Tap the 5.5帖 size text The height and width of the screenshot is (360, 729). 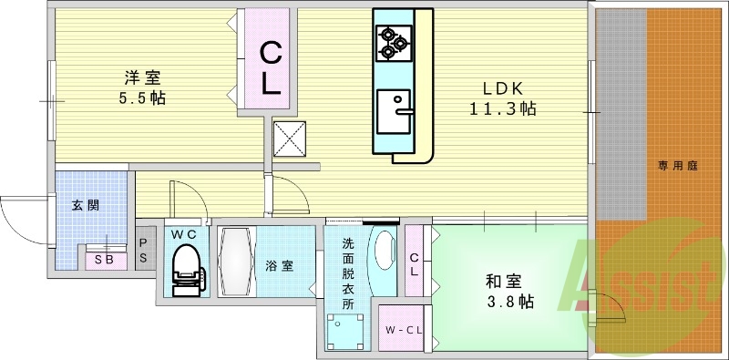(140, 98)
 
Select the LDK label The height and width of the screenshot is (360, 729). (502, 88)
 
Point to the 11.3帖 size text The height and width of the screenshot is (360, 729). (502, 108)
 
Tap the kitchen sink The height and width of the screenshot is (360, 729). (393, 112)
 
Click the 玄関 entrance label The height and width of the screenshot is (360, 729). (87, 205)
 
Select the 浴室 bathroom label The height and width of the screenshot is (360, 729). (279, 266)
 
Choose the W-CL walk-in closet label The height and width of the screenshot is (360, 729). (402, 330)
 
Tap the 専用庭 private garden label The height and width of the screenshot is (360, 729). (678, 166)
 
